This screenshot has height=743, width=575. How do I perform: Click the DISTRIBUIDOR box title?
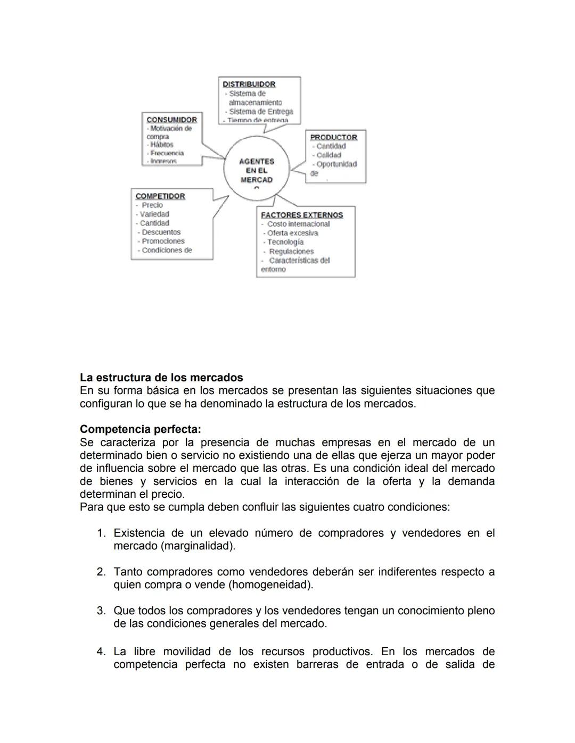[x=249, y=84]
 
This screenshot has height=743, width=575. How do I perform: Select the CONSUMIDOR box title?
[x=171, y=120]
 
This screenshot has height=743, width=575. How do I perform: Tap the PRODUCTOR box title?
[x=333, y=137]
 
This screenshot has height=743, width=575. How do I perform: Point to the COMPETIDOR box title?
[x=160, y=196]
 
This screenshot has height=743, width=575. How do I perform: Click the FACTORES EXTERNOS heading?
[x=302, y=215]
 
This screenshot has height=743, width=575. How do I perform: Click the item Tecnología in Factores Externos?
[x=285, y=242]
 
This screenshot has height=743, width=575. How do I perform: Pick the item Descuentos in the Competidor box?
[x=161, y=232]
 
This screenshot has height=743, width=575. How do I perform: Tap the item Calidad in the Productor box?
[x=328, y=155]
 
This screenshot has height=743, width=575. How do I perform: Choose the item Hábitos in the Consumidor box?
[x=161, y=145]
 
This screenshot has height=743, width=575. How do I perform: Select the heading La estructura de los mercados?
[x=161, y=378]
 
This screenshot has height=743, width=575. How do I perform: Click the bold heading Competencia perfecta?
[x=141, y=429]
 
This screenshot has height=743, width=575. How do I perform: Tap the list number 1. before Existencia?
[x=101, y=533]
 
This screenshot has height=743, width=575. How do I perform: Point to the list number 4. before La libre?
[x=101, y=652]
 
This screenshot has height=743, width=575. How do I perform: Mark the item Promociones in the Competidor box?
[x=163, y=241]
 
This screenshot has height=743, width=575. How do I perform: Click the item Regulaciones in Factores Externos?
[x=291, y=251]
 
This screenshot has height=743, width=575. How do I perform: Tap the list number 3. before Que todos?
[x=101, y=611]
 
